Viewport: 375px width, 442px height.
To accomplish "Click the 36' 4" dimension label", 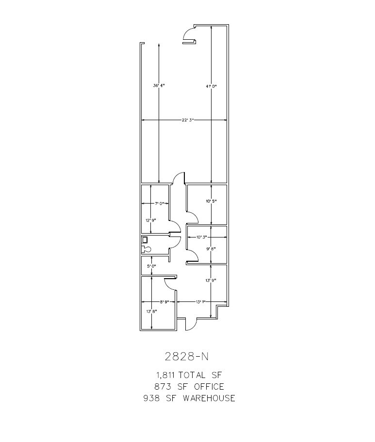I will [159, 86].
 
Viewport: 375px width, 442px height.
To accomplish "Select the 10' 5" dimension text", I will [211, 201].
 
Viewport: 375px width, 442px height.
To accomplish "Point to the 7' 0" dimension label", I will [160, 204].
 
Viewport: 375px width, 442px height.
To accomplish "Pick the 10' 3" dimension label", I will [202, 237].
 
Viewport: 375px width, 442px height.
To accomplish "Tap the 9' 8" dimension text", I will [211, 249].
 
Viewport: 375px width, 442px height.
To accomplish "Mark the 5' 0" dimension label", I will [152, 266].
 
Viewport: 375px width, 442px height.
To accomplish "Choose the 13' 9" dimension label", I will [211, 280].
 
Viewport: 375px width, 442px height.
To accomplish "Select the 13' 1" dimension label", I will [201, 301].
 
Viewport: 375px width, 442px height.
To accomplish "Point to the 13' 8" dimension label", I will [151, 311].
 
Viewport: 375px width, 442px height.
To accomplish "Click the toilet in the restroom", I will [146, 249].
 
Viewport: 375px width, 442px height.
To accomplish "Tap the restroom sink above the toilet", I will [145, 239].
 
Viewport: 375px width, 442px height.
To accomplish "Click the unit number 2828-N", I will [187, 356].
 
